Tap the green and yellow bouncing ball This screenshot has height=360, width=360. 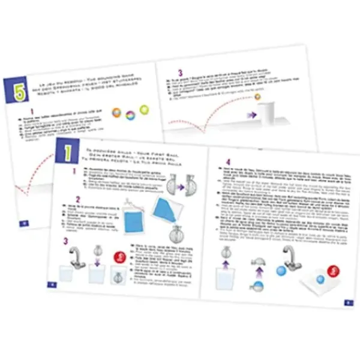click(144, 109)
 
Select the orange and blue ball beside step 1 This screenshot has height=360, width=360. click(114, 112)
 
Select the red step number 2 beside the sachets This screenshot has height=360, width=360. click(78, 200)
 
